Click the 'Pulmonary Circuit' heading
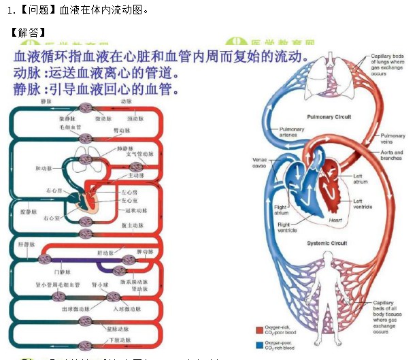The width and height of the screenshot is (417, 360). coord(329,117)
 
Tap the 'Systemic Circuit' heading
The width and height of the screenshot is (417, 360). coord(327,243)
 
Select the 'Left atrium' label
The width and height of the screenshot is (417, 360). coord(360,179)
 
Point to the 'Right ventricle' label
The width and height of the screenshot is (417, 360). coord(284,227)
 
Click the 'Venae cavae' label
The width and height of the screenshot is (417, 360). coord(259,163)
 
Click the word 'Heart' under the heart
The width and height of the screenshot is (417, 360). coord(335,220)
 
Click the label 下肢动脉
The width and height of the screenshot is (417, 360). coord(118,340)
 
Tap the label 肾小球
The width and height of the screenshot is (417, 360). coord(100,285)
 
